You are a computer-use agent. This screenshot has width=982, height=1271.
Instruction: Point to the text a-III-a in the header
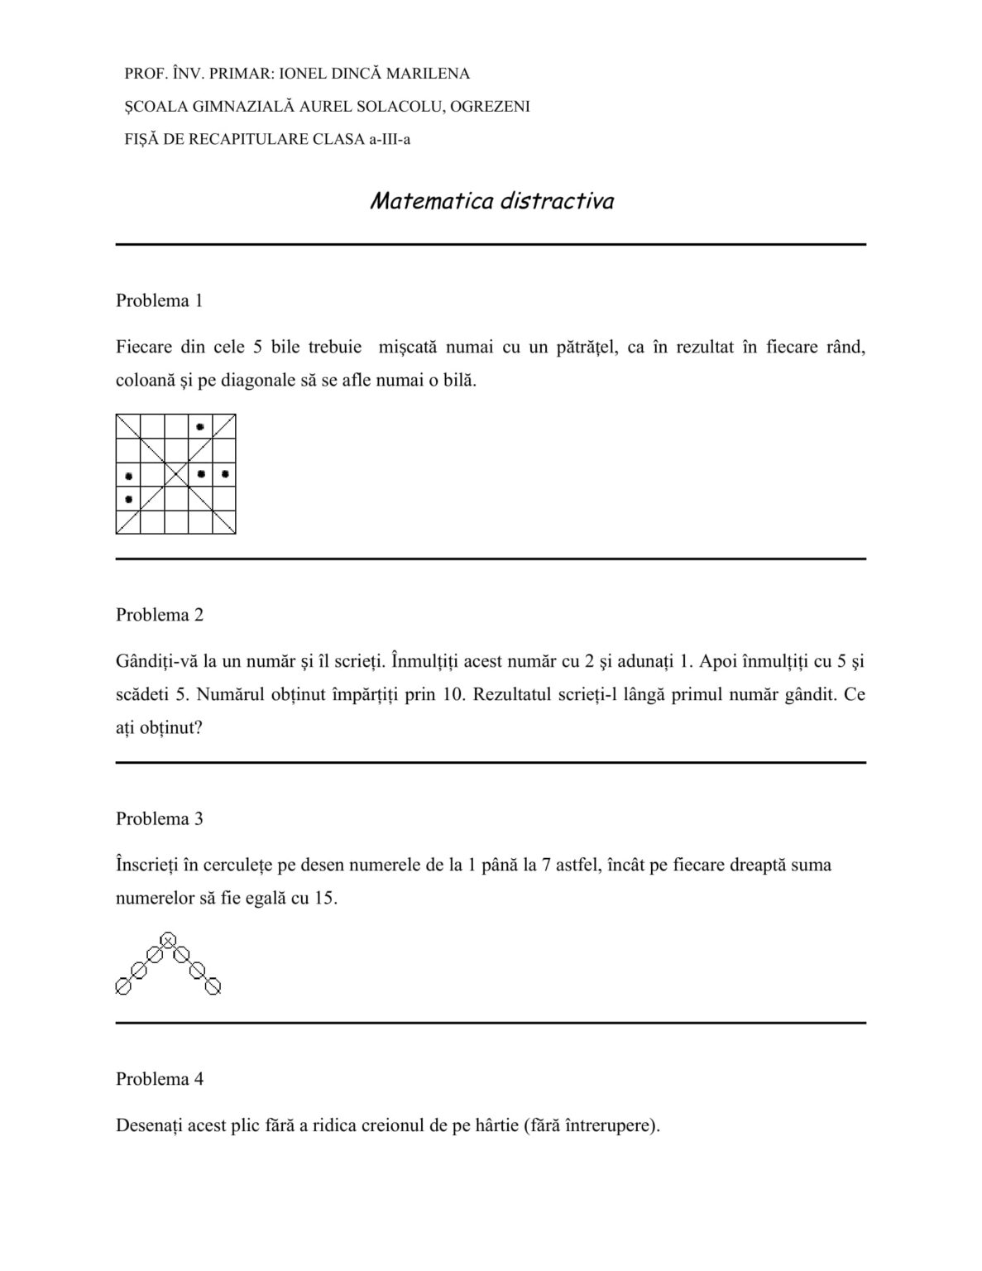click(x=390, y=139)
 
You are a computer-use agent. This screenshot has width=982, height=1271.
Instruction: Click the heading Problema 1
click(x=159, y=300)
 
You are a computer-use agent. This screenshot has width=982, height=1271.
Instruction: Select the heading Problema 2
click(x=159, y=615)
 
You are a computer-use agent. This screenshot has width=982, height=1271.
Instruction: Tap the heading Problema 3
click(x=159, y=818)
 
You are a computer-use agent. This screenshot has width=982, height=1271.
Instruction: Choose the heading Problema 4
click(x=159, y=1079)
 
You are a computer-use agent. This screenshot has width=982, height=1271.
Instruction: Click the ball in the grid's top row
click(x=200, y=426)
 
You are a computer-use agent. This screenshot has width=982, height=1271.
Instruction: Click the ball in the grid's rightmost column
click(x=225, y=474)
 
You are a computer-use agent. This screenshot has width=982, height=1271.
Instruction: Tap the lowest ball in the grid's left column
click(x=128, y=499)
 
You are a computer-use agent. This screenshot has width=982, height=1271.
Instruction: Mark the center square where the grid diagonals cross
click(x=176, y=474)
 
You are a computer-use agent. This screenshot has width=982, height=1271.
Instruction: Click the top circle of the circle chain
click(x=168, y=940)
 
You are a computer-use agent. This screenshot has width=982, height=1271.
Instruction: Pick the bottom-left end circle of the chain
click(x=122, y=986)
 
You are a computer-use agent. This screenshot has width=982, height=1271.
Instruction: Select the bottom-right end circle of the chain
click(x=213, y=986)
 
